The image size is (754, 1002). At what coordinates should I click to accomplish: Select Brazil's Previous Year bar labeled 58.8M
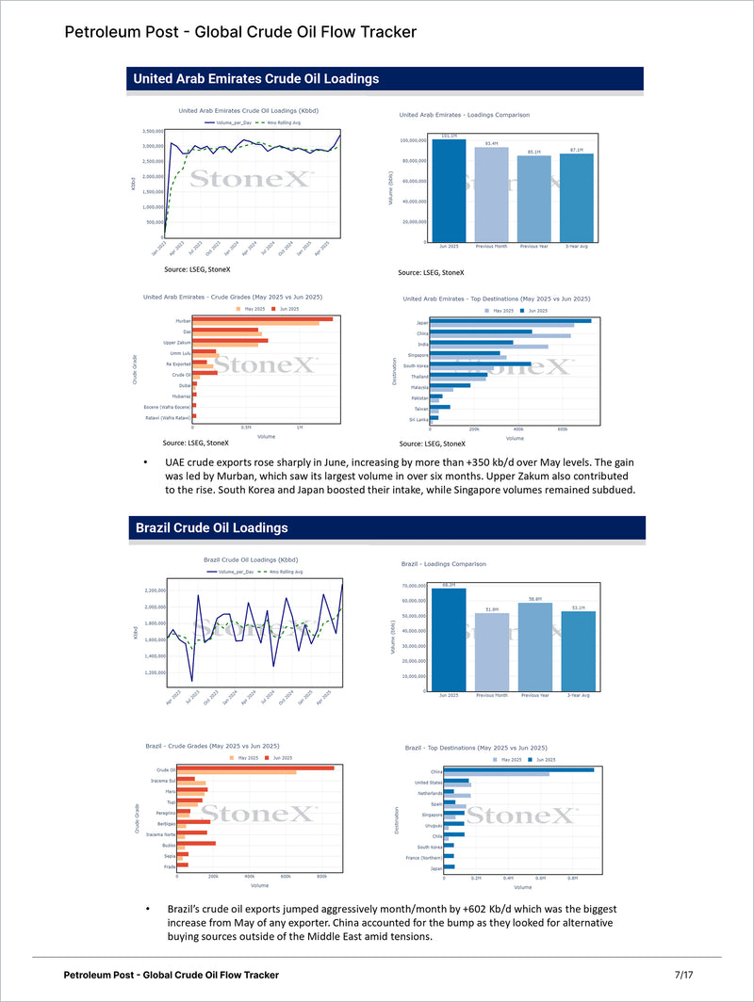tap(533, 650)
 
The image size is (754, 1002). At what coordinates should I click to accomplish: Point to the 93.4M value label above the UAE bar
tap(491, 143)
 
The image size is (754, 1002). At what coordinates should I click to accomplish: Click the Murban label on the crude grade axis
tap(183, 320)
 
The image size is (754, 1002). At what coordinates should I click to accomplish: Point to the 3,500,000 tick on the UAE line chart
tap(151, 131)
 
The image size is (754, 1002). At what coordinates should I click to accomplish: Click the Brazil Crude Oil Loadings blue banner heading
tap(211, 527)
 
